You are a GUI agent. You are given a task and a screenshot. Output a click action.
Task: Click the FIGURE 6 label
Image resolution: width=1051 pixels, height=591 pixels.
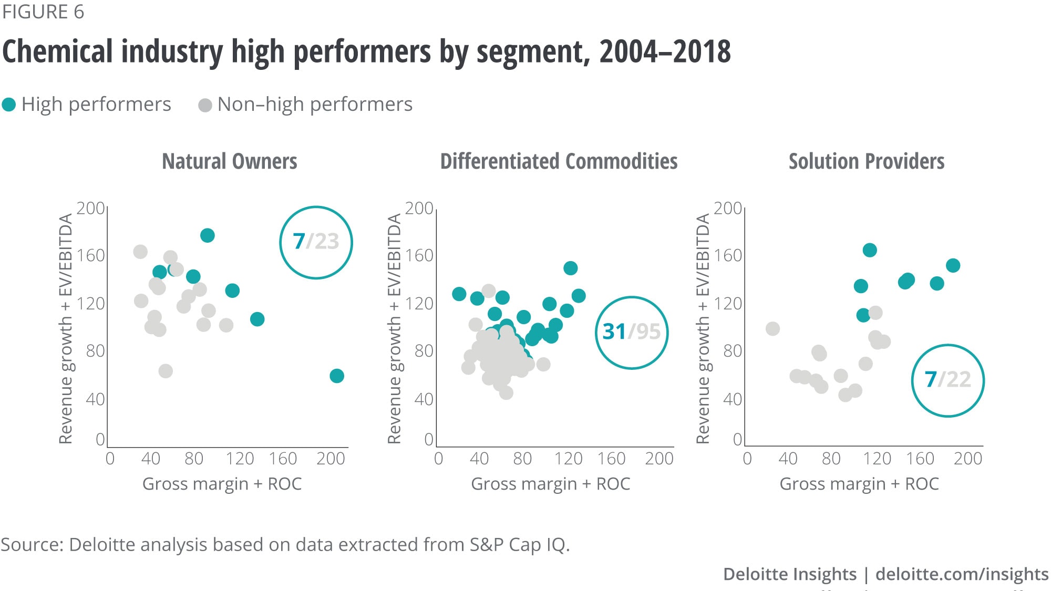point(43,12)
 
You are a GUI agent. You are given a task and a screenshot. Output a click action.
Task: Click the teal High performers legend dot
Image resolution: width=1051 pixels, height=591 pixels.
point(9,105)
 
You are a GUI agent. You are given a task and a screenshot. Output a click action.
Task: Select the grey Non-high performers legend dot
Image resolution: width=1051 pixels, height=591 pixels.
point(205,105)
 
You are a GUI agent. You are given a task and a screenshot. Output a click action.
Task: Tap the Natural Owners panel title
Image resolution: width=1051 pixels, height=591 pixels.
point(230,161)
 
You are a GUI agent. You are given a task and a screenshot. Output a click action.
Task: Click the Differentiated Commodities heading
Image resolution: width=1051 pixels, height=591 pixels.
point(559,161)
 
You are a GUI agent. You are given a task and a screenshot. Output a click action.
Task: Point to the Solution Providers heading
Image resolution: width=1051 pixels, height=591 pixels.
point(867,161)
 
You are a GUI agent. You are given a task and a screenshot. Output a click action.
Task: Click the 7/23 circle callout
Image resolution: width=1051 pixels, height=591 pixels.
point(316,242)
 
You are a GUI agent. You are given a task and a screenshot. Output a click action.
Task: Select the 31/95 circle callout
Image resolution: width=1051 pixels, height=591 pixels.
point(632,332)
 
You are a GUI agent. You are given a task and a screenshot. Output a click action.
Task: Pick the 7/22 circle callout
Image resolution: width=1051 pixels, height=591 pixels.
point(947,380)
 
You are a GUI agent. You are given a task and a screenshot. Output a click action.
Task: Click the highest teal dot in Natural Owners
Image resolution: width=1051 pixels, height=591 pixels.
point(208,235)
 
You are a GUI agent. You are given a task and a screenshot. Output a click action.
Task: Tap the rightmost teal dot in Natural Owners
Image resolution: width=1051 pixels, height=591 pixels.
point(337,376)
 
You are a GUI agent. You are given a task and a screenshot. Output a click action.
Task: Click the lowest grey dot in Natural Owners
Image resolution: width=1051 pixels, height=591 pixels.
point(166,371)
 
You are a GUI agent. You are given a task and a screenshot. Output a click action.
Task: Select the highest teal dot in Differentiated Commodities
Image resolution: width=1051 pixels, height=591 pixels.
point(571,268)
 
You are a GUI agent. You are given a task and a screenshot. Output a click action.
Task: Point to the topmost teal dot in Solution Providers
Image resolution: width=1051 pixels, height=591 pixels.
point(870,250)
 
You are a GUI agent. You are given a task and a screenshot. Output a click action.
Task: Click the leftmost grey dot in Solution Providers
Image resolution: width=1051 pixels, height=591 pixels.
point(772,329)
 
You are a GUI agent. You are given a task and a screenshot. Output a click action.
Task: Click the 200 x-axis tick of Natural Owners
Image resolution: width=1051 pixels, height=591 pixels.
point(331,459)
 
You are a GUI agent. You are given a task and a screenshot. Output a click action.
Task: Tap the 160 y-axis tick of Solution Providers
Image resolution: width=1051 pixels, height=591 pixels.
point(728,256)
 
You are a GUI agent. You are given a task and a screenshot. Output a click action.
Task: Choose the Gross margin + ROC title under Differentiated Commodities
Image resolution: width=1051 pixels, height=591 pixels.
point(550,484)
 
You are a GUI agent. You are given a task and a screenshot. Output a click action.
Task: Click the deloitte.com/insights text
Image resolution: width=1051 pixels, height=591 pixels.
point(962,574)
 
